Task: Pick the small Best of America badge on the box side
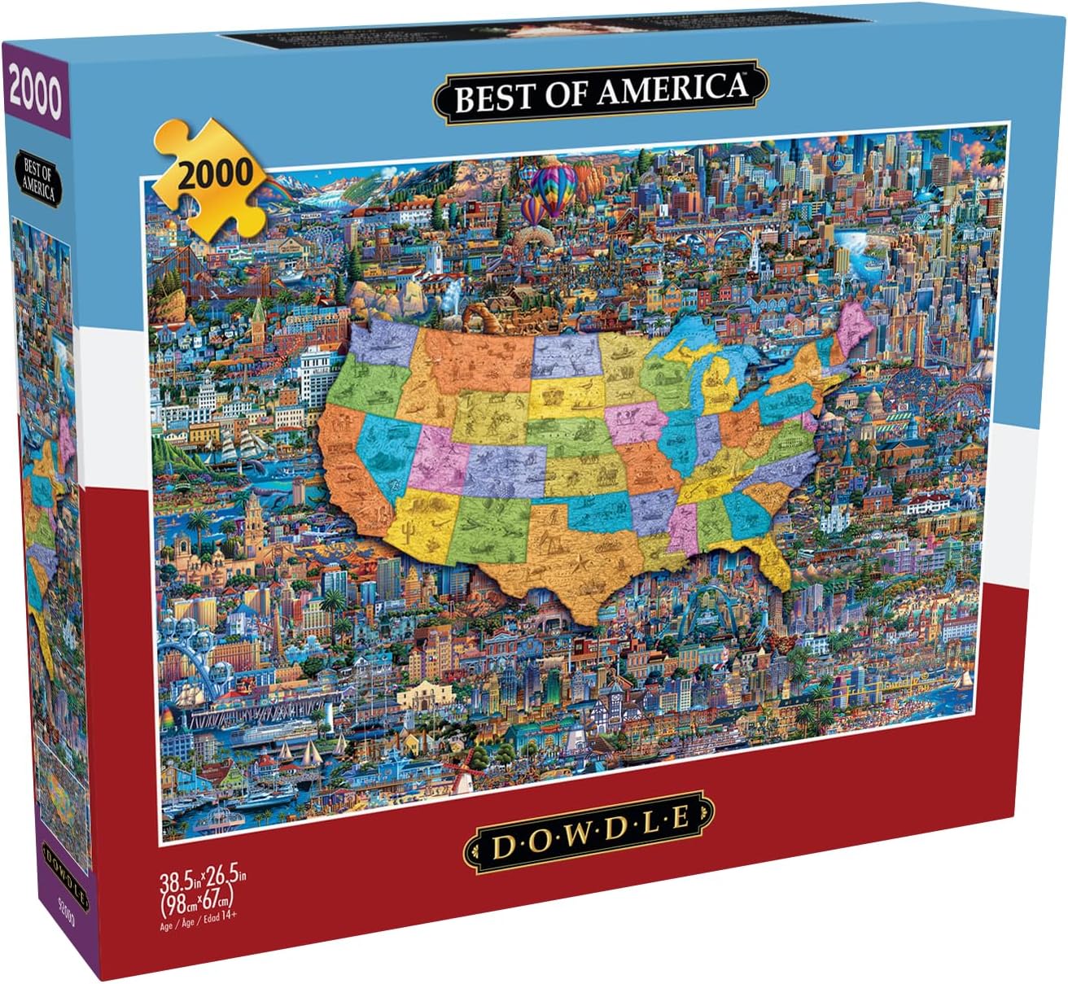pyautogui.click(x=38, y=180)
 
